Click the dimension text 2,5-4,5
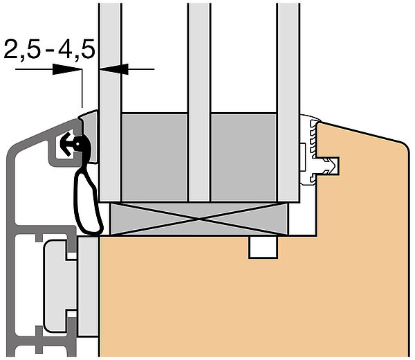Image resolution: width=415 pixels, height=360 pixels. [x=50, y=49]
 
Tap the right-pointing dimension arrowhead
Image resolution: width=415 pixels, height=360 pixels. [x=66, y=69]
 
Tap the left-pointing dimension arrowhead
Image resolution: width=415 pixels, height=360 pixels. [x=113, y=69]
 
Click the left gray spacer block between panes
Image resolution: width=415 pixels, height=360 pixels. [x=155, y=157]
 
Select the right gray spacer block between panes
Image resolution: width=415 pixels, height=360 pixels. [x=243, y=157]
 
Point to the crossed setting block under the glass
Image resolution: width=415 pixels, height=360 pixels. [x=199, y=219]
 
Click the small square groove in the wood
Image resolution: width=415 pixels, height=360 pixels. [x=264, y=247]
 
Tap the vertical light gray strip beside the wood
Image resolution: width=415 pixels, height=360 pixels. [x=88, y=287]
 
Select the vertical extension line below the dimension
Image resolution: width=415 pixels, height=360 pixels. [x=82, y=89]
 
